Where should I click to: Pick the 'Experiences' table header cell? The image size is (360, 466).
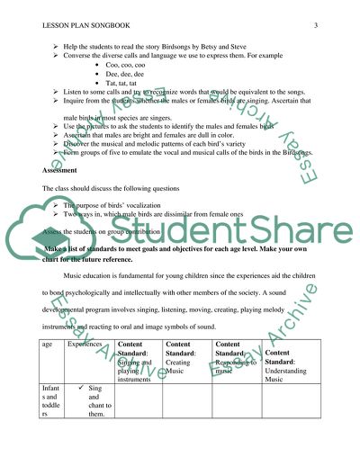(87, 343)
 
